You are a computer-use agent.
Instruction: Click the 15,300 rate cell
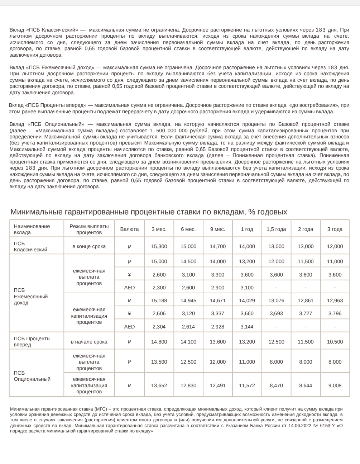159,246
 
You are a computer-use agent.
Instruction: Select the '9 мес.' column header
217,229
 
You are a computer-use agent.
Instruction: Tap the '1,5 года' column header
276,229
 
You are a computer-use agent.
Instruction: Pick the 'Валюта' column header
129,229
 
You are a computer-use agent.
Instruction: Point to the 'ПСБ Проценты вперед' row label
32,341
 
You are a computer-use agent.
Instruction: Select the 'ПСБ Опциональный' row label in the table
32,376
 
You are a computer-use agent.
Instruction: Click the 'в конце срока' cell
89,246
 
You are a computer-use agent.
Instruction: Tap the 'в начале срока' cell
89,342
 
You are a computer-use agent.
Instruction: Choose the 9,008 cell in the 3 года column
335,385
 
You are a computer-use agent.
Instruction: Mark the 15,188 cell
159,300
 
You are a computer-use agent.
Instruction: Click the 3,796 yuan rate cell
335,313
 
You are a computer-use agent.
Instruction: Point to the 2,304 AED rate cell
159,326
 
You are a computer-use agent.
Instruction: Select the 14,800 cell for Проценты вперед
159,342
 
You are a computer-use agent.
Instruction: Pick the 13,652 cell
159,385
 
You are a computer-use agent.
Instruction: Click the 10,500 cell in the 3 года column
335,342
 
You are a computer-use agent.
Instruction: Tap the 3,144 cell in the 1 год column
247,326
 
